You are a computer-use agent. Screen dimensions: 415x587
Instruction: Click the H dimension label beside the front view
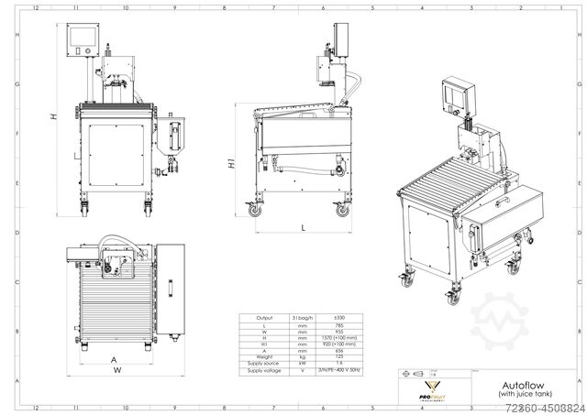(x=54, y=116)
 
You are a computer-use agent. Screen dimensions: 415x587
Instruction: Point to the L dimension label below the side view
(x=302, y=226)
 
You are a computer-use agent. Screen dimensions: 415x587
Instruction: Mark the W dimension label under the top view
(x=116, y=370)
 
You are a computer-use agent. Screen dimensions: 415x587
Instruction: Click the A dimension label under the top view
(x=113, y=359)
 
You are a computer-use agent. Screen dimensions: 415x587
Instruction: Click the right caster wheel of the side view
(x=343, y=210)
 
